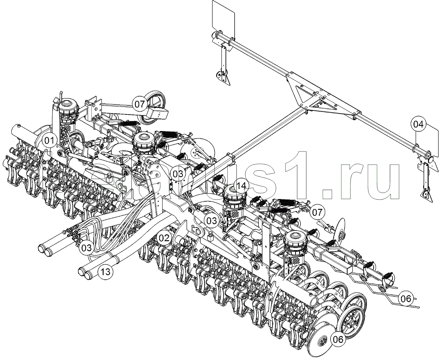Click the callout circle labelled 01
[49, 141]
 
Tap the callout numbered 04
[418, 124]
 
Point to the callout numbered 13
[106, 272]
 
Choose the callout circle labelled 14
[241, 186]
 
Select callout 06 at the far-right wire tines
[406, 299]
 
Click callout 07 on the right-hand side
[317, 213]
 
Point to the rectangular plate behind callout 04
[434, 138]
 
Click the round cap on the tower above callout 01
[66, 103]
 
